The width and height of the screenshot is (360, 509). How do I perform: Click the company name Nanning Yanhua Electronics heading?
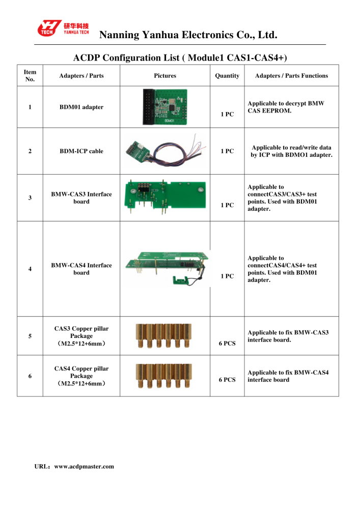pyautogui.click(x=188, y=35)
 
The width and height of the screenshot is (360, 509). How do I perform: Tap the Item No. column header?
pyautogui.click(x=30, y=76)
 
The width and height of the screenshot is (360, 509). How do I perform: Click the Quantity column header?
pyautogui.click(x=227, y=76)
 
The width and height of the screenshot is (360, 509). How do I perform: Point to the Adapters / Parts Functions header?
pyautogui.click(x=291, y=76)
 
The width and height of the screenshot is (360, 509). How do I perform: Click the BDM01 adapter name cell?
pyautogui.click(x=81, y=107)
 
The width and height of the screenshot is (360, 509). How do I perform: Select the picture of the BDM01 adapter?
pyautogui.click(x=165, y=107)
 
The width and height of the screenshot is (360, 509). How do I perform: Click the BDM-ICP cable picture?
pyautogui.click(x=165, y=151)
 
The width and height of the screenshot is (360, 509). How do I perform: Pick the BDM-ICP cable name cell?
pyautogui.click(x=81, y=151)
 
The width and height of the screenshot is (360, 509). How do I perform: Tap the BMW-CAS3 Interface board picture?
pyautogui.click(x=165, y=197)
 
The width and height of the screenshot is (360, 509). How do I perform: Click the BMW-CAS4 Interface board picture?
pyautogui.click(x=165, y=269)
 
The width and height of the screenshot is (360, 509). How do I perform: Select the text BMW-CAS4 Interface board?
pyautogui.click(x=81, y=269)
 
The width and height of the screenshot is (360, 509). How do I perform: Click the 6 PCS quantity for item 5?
pyautogui.click(x=227, y=344)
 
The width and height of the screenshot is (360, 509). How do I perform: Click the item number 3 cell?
pyautogui.click(x=30, y=198)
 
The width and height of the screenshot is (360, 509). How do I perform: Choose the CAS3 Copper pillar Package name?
pyautogui.click(x=81, y=336)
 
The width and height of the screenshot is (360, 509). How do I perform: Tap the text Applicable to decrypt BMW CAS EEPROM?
pyautogui.click(x=286, y=107)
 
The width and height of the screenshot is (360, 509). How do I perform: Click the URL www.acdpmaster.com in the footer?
pyautogui.click(x=74, y=466)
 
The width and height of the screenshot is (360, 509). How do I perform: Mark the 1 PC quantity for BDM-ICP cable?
pyautogui.click(x=227, y=151)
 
